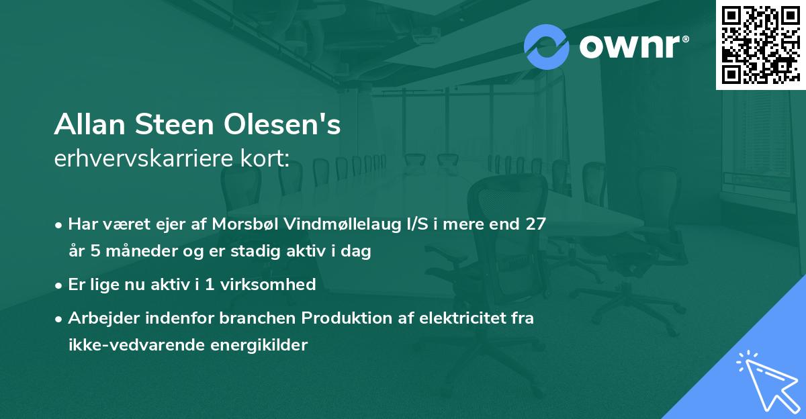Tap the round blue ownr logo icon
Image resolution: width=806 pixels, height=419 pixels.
[547, 46]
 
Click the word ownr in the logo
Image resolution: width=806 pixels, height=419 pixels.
[633, 47]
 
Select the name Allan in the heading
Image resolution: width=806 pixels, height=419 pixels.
[87, 126]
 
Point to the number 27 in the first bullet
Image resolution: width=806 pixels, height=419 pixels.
[535, 224]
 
